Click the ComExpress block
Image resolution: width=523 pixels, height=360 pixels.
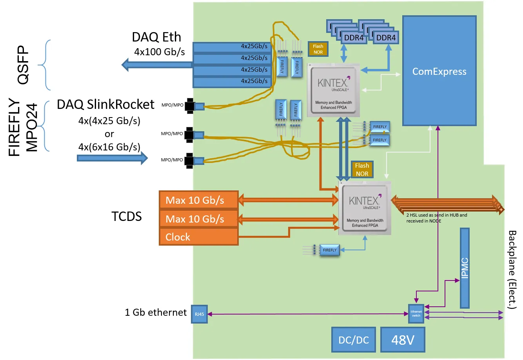click(x=439, y=71)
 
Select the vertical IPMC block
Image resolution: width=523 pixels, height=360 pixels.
click(x=465, y=268)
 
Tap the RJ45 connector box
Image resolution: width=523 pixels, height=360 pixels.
click(x=199, y=314)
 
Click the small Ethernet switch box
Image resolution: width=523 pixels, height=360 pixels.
click(x=416, y=314)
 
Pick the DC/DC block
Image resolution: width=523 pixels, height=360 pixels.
click(x=353, y=340)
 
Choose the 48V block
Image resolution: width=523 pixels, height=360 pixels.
click(x=403, y=340)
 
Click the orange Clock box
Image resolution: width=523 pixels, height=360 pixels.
click(x=199, y=237)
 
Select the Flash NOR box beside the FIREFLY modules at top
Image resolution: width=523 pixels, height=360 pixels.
click(x=318, y=49)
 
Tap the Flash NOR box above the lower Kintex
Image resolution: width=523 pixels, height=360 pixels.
click(x=362, y=170)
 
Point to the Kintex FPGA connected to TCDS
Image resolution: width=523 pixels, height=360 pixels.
click(x=365, y=209)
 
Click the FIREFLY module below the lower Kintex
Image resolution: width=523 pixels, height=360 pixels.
click(x=329, y=250)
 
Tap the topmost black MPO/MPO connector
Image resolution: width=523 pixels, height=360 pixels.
click(x=190, y=106)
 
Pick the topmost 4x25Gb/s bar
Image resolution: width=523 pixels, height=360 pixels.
click(x=232, y=47)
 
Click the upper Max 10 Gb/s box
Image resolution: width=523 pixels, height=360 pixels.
click(x=199, y=200)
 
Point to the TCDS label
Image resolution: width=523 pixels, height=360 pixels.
click(x=126, y=217)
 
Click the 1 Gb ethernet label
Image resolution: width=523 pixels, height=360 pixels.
click(x=156, y=312)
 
